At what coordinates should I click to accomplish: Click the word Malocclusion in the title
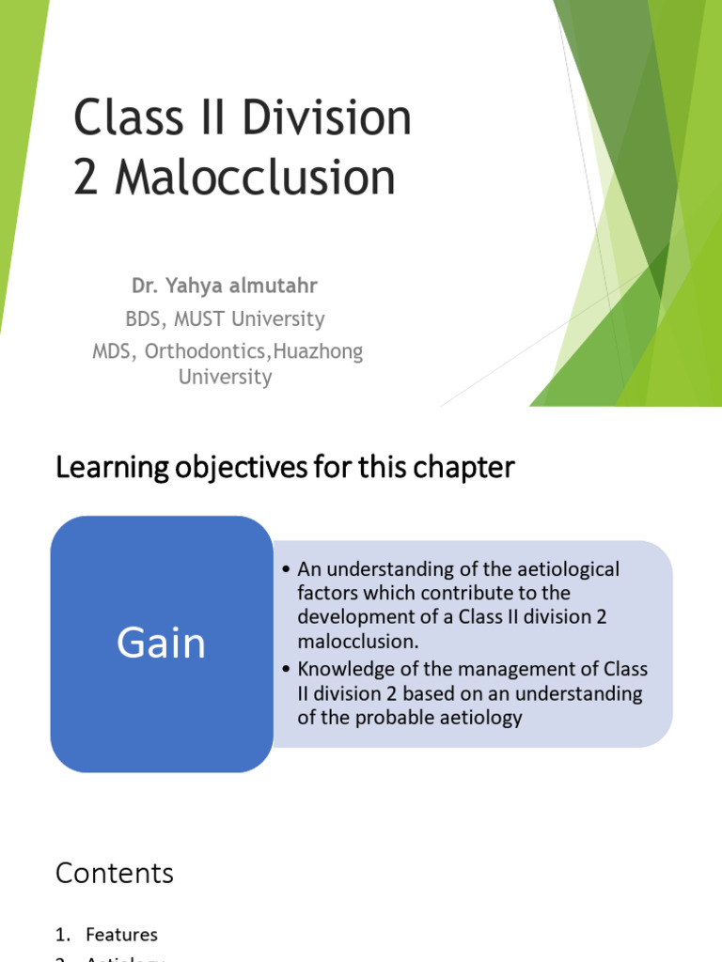point(255,178)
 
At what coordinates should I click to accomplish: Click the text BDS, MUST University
point(225,318)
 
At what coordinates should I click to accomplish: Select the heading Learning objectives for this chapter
point(285,467)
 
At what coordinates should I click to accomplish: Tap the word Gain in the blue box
point(161,644)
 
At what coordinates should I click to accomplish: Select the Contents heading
point(115,873)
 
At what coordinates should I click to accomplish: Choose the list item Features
point(121,935)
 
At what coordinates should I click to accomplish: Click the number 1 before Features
point(61,935)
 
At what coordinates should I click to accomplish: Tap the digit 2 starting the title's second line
point(85,178)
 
